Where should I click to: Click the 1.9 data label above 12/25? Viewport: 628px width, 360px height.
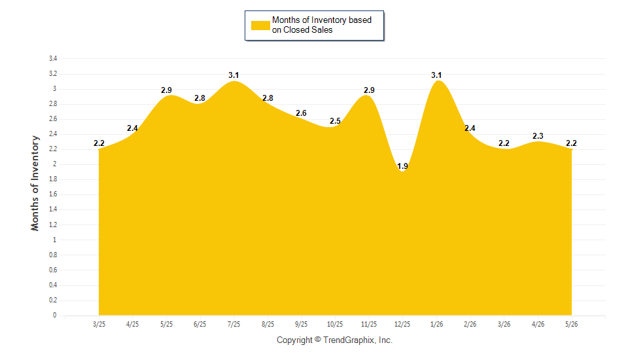(402, 166)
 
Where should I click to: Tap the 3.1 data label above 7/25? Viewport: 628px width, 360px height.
(234, 75)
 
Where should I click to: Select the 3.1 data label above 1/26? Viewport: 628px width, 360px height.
(436, 75)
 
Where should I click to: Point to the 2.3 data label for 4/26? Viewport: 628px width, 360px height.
(538, 136)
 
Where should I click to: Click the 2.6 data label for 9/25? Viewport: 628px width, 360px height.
(301, 113)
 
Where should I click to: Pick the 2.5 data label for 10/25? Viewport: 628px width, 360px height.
(335, 120)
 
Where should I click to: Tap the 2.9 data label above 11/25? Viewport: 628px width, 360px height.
(369, 90)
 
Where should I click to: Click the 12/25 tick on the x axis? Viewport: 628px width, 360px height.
(402, 324)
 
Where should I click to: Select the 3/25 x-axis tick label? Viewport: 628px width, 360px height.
(99, 324)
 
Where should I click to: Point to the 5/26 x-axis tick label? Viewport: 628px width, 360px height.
(572, 324)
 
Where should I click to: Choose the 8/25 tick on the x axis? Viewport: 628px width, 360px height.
(268, 324)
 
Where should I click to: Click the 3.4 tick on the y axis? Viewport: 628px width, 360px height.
(53, 58)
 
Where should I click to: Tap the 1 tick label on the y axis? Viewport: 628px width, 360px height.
(55, 240)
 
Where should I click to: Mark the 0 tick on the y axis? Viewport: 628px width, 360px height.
(55, 315)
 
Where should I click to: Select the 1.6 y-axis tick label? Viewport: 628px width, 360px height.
(53, 194)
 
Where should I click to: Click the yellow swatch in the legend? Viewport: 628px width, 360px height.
(260, 26)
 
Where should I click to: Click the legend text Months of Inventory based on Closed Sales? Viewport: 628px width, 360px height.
(322, 25)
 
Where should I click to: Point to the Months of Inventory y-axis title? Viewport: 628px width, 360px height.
(35, 183)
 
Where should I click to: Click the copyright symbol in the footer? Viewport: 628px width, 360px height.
(318, 339)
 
